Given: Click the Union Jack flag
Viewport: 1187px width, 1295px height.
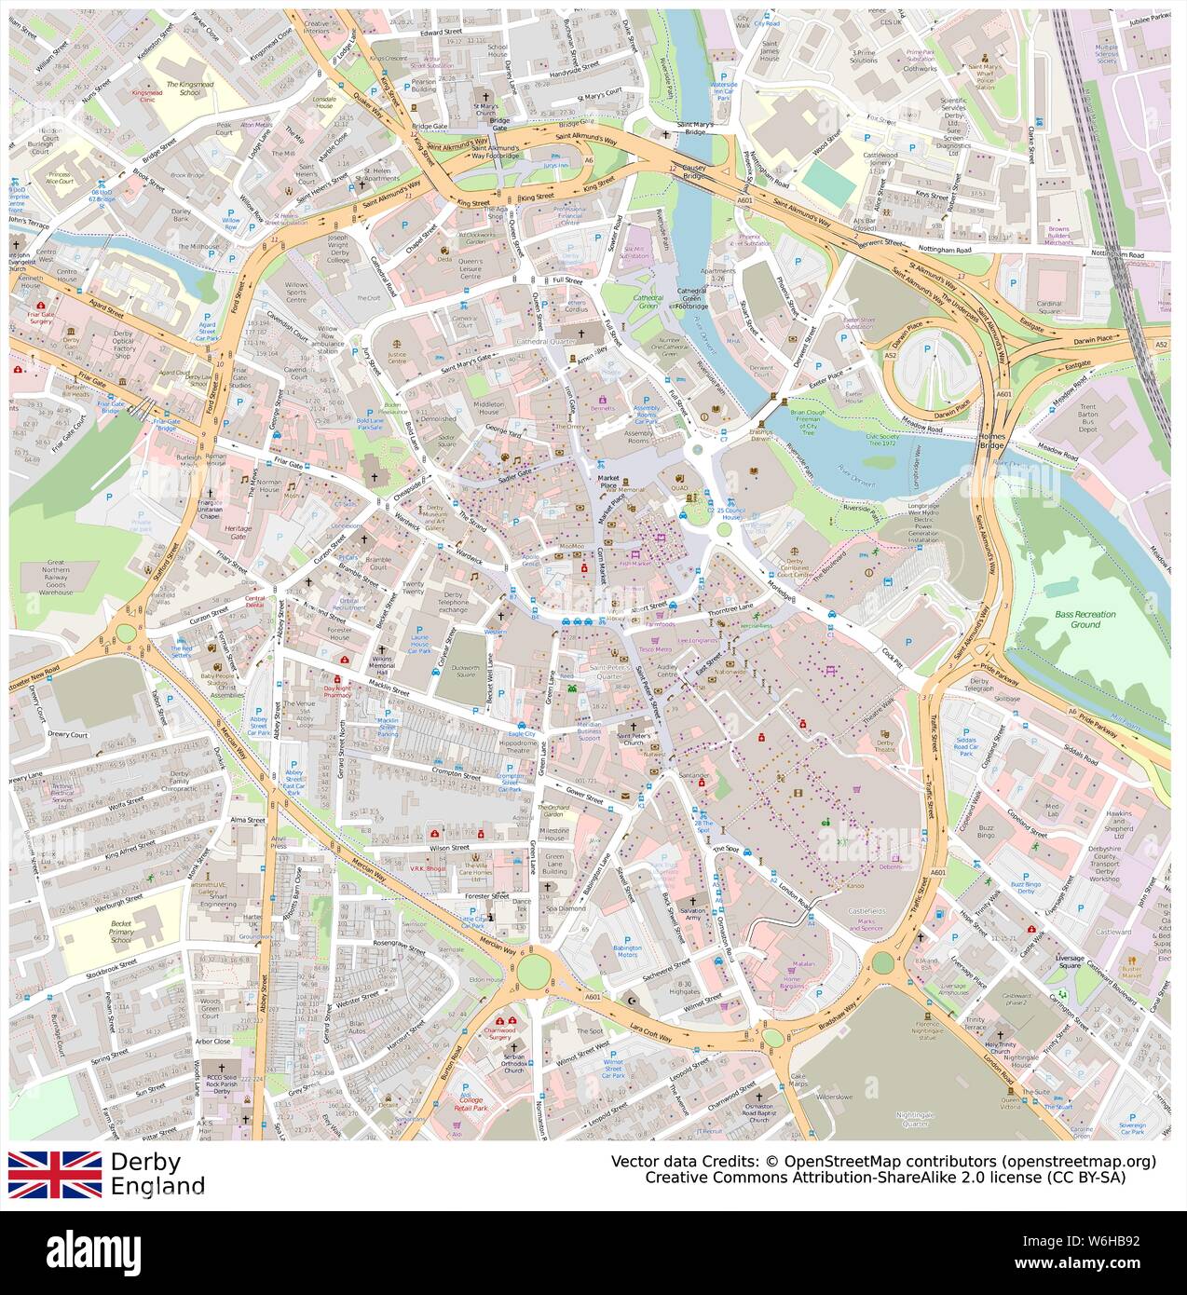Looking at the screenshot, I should [55, 1174].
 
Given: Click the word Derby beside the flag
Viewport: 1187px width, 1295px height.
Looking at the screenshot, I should [145, 1162].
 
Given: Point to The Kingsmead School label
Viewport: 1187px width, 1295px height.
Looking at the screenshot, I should [183, 88].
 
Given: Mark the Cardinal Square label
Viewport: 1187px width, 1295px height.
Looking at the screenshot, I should [1049, 308].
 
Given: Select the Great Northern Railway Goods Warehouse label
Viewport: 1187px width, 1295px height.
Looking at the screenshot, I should [75, 578].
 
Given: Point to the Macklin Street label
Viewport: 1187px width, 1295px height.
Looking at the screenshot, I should [388, 691].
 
